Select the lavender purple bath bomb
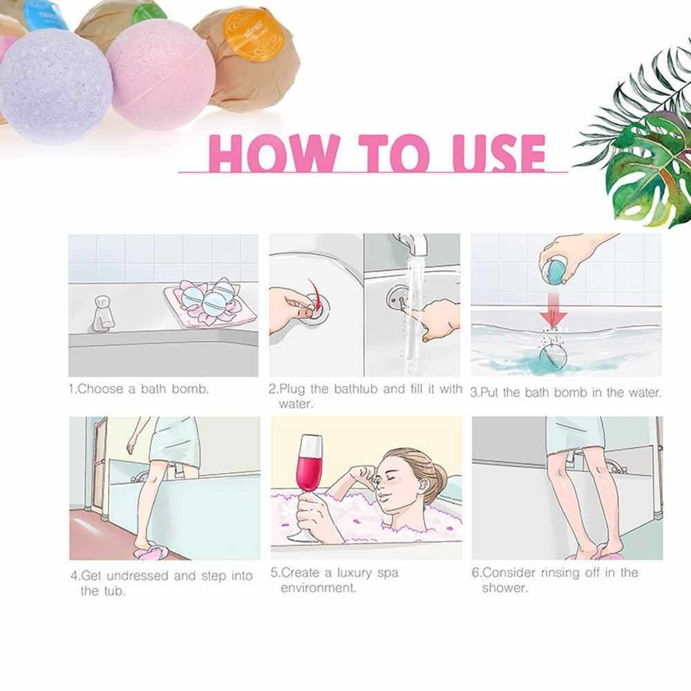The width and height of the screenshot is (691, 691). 56,86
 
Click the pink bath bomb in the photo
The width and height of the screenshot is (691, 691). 161,75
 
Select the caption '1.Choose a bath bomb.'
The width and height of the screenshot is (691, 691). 139,389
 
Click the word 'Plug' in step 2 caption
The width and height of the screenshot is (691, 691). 292,389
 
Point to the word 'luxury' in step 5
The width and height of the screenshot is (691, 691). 354,574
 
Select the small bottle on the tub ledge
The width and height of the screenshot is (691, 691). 104,313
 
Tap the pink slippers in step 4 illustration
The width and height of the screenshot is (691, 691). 151,551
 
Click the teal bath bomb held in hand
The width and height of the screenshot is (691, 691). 556,271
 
